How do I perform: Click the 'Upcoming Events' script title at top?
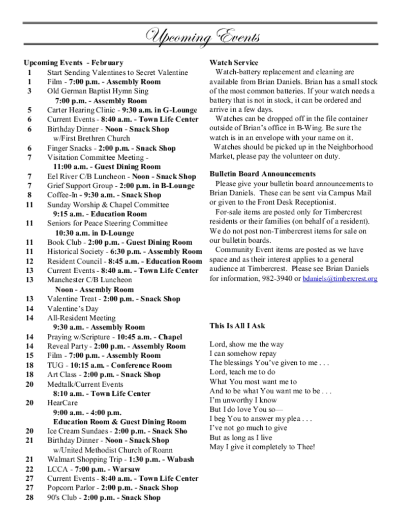tap(203, 37)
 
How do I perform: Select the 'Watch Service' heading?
tap(234, 63)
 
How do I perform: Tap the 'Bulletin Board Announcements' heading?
tap(262, 174)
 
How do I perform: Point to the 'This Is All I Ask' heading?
tap(237, 326)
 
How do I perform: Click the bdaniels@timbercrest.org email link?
tap(340, 279)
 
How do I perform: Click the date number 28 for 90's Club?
tap(29, 498)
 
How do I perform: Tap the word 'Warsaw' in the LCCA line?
tap(126, 469)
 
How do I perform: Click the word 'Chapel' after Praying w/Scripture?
tap(170, 337)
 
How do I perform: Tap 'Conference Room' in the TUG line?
tap(141, 365)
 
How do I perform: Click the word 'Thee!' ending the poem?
tap(305, 447)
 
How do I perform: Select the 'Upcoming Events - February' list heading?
tap(73, 63)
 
